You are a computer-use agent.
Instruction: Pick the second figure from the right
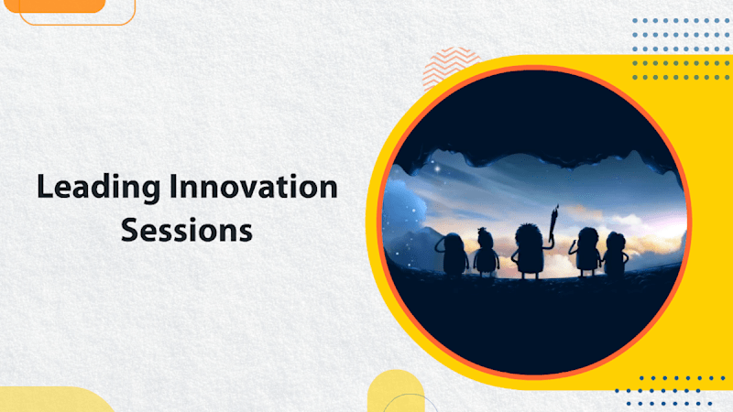585,251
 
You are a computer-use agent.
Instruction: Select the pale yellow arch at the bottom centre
396,391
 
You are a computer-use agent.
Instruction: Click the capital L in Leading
44,189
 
